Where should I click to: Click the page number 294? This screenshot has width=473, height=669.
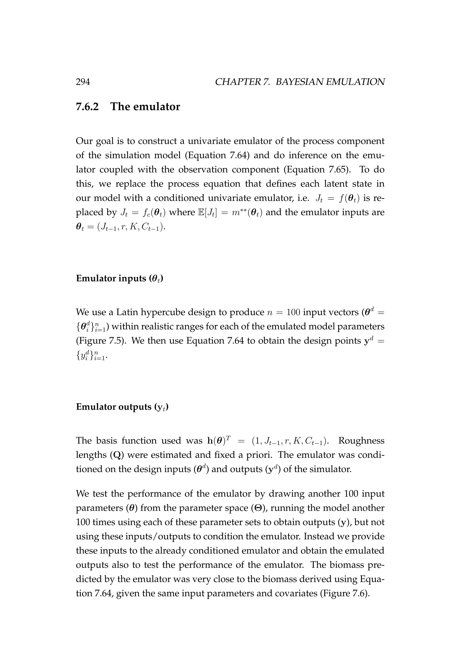pos(83,82)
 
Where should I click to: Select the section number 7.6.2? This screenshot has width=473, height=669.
pos(87,107)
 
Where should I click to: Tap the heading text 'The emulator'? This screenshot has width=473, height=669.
pos(145,107)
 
